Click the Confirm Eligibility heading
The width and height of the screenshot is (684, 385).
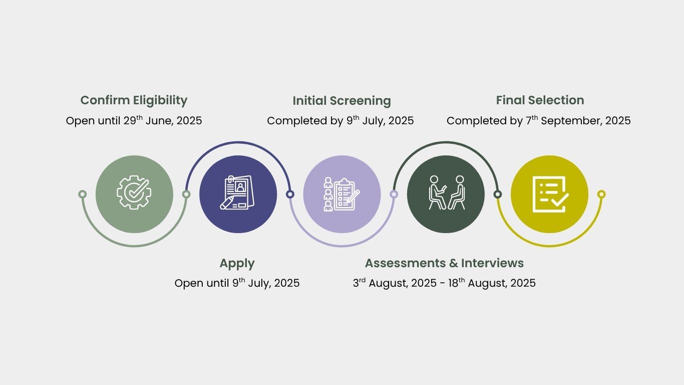[x=134, y=101]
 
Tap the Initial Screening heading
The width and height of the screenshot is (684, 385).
[x=341, y=101]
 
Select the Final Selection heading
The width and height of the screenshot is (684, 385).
[x=540, y=100]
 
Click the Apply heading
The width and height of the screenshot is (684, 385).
[x=237, y=264]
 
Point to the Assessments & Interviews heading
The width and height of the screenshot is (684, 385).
[x=444, y=263]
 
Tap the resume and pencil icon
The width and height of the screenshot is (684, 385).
[x=237, y=192]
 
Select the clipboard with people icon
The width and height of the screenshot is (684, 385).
[x=341, y=194]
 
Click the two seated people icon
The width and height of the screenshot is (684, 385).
[x=447, y=192]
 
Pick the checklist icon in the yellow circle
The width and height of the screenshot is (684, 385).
[x=550, y=194]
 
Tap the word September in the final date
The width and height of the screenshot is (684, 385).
[x=571, y=121]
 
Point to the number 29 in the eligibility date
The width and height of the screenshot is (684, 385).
[x=130, y=121]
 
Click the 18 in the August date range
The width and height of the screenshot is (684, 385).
[x=453, y=283]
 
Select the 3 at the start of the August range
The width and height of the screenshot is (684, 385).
[x=356, y=283]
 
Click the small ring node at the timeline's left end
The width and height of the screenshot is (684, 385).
[x=83, y=194]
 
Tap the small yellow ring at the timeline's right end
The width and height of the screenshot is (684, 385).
[x=601, y=194]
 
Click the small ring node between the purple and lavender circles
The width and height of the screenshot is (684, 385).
[x=290, y=194]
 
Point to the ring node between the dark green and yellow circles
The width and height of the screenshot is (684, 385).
[x=498, y=194]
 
